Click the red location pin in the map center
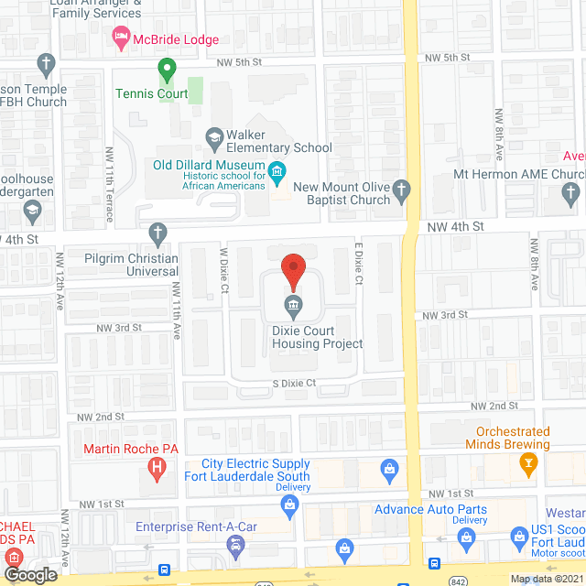pyautogui.click(x=292, y=270)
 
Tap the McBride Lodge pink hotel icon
pyautogui.click(x=121, y=38)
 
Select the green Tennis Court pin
pyautogui.click(x=167, y=69)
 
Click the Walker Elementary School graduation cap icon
pyautogui.click(x=214, y=138)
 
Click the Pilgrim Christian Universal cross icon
pyautogui.click(x=159, y=233)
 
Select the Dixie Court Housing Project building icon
pyautogui.click(x=292, y=304)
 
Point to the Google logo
pyautogui.click(x=31, y=574)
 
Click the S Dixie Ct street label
pyautogui.click(x=292, y=383)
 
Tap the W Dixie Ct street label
pyautogui.click(x=222, y=268)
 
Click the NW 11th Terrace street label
pyautogui.click(x=109, y=184)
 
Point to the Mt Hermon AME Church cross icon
pyautogui.click(x=571, y=192)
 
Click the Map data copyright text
pyautogui.click(x=546, y=578)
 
